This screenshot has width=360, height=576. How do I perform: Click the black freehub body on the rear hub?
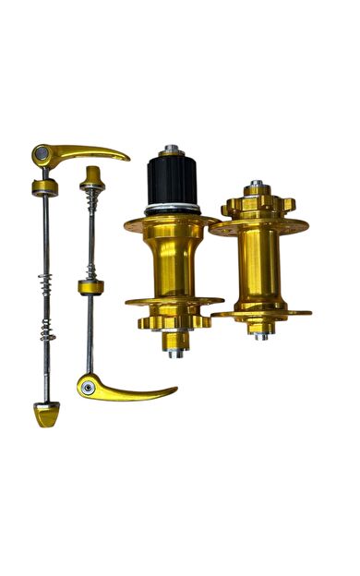[x=173, y=180]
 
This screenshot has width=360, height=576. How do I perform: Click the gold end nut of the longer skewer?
[x=47, y=414]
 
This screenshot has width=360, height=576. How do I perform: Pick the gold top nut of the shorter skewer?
[x=92, y=175]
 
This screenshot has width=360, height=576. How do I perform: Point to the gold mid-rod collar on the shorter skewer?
[x=90, y=286]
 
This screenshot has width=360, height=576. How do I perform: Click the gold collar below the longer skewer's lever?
[x=44, y=188]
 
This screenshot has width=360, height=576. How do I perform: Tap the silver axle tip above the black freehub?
[x=172, y=150]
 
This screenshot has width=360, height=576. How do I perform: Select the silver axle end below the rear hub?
[x=175, y=352]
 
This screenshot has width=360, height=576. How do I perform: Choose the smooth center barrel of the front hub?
[x=258, y=268]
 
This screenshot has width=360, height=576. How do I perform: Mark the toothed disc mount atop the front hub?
[x=258, y=203]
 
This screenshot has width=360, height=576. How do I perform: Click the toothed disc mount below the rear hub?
[x=174, y=322]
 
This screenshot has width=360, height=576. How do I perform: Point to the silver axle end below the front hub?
[x=262, y=335]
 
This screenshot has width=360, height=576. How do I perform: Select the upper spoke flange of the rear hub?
[x=173, y=222]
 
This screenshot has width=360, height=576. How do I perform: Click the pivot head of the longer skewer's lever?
[x=42, y=153]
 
